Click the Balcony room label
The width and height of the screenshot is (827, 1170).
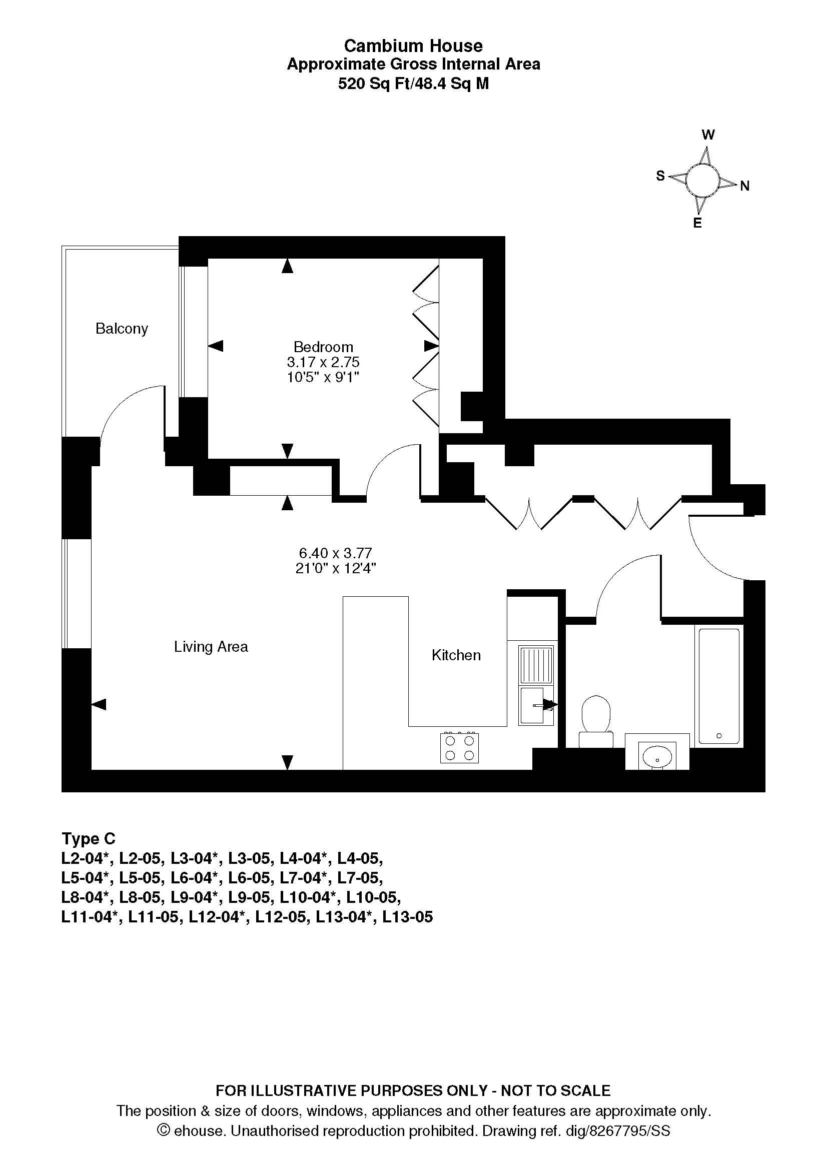click(x=122, y=329)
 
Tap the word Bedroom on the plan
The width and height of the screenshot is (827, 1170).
click(x=324, y=347)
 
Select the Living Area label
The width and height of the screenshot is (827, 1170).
click(x=211, y=647)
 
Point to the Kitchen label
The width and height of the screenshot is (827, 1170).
click(x=456, y=655)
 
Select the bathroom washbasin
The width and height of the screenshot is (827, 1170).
click(x=657, y=754)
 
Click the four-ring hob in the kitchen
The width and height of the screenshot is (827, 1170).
click(x=460, y=747)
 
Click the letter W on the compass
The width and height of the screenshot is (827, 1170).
click(x=708, y=135)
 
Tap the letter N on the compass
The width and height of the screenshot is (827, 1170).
click(x=744, y=186)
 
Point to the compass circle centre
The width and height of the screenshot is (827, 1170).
click(x=702, y=181)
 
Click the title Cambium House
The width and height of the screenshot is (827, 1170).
click(x=413, y=46)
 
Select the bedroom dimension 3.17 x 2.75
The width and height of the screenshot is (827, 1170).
click(x=323, y=362)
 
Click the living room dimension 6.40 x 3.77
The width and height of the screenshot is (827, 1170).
click(x=336, y=553)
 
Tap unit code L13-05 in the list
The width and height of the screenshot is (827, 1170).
click(x=408, y=917)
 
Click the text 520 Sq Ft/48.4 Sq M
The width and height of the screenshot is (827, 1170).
click(x=413, y=84)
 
